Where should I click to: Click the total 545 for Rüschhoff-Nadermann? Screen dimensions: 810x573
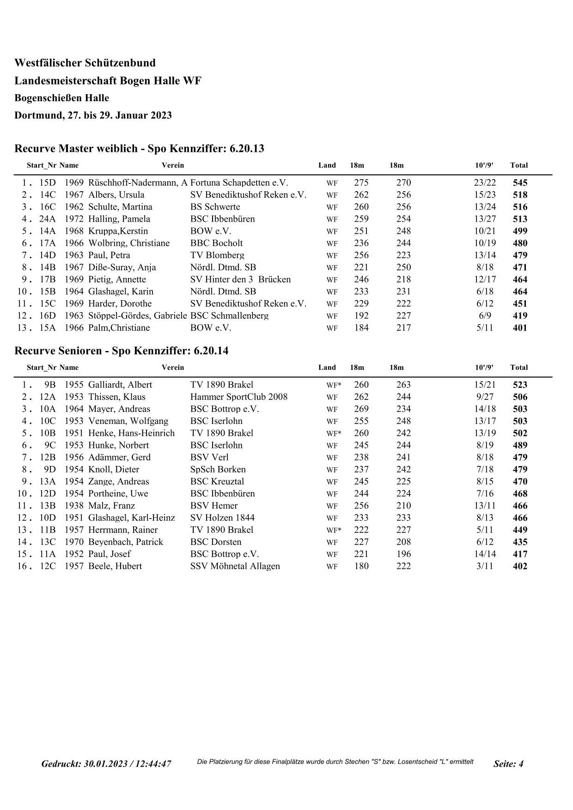click(x=520, y=183)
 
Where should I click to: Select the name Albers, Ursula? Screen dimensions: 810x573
click(x=116, y=195)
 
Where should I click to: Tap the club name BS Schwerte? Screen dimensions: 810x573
click(x=215, y=207)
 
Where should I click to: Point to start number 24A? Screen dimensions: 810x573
click(x=47, y=219)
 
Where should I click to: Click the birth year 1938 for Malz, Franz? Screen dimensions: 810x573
click(x=73, y=506)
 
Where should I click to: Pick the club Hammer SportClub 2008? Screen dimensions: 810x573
click(x=238, y=397)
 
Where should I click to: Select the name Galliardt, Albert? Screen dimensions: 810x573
click(x=120, y=385)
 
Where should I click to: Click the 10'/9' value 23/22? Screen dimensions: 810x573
click(x=485, y=183)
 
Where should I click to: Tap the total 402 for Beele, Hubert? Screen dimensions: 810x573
click(x=520, y=566)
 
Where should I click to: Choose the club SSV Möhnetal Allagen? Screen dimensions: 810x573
click(x=235, y=566)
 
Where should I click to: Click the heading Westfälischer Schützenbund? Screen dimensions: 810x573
click(x=85, y=63)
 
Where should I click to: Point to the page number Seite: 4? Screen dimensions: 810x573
click(x=508, y=764)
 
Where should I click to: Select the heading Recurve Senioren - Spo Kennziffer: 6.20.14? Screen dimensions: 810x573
click(x=122, y=351)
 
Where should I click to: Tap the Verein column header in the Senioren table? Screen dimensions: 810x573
click(x=173, y=368)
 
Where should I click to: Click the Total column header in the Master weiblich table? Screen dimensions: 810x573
click(x=518, y=165)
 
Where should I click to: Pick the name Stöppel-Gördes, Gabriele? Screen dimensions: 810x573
click(x=137, y=316)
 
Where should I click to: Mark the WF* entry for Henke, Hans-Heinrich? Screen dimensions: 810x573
click(x=334, y=433)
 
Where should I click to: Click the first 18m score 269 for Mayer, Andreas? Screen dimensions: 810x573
click(x=361, y=409)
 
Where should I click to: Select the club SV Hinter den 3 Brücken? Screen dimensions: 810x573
click(x=240, y=279)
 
